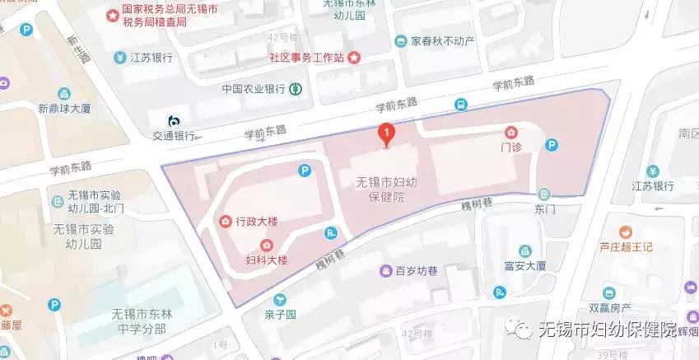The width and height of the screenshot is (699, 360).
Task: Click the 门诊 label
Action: pos(512,148)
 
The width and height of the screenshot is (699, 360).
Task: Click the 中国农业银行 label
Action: pos(254,88)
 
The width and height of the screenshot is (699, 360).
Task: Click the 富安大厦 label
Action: pos(520,266)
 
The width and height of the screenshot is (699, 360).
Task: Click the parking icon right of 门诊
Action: pos(553,146)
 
